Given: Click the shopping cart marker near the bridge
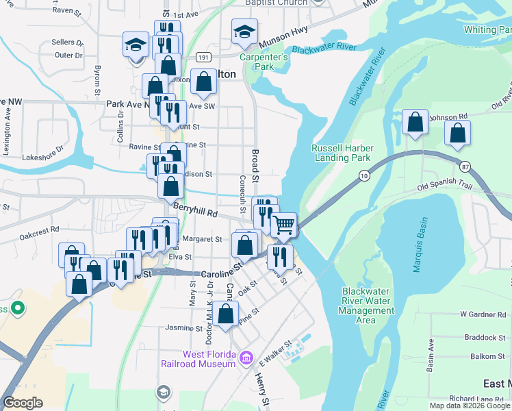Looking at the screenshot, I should tap(285, 225).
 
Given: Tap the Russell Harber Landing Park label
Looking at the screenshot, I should tap(341, 153).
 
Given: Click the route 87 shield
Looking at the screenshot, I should tap(465, 166).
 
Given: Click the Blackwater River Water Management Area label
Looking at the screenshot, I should tap(367, 306).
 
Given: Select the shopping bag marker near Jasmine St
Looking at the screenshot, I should tap(225, 314).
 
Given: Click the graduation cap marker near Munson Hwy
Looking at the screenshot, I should tap(244, 32).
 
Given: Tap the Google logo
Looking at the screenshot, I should tap(23, 403).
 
